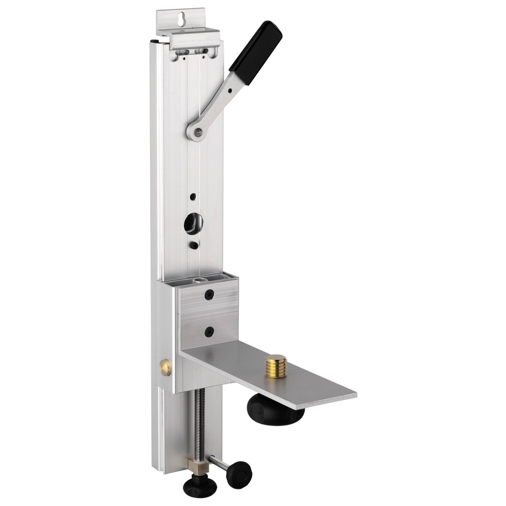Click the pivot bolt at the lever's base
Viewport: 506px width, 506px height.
(198, 132)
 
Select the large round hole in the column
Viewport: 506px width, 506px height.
(193, 223)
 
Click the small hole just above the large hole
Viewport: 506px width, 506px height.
(193, 196)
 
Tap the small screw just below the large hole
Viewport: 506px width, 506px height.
(194, 245)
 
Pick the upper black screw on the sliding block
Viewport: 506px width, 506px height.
(209, 294)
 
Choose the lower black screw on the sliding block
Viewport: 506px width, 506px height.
(209, 332)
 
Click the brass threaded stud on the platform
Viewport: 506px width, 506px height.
(275, 366)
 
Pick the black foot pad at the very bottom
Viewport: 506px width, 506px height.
(200, 487)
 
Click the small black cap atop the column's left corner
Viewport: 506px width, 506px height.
(154, 41)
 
